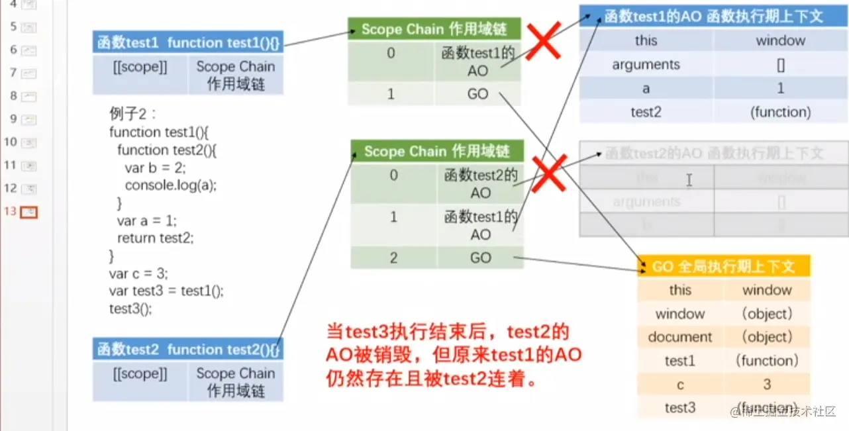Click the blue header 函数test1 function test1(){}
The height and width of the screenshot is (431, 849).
point(188,43)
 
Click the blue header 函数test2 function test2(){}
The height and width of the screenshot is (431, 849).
point(188,350)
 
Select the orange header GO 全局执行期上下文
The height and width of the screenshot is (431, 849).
point(724,266)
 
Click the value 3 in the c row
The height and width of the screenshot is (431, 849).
point(767,385)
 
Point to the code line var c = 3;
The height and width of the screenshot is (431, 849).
point(138,273)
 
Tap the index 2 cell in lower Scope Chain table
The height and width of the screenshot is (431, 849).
point(393,258)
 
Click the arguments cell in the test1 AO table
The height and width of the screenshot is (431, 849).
point(646,64)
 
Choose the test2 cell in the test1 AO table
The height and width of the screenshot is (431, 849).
point(646,112)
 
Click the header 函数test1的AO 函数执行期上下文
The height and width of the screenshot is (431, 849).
point(713,16)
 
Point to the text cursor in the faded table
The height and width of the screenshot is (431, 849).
point(689,179)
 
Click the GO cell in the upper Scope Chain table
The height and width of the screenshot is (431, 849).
point(477,94)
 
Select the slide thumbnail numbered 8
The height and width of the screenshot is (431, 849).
point(28,96)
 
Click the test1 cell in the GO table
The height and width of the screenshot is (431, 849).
point(680,361)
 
